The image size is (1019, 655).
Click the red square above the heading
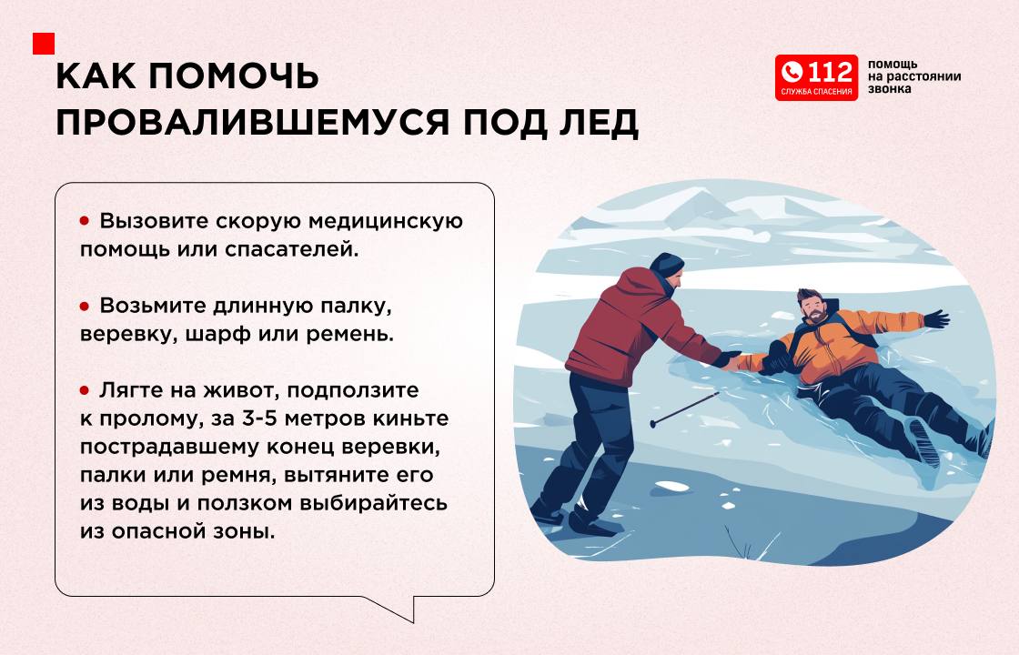point(44,44)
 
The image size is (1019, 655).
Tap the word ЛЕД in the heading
point(599,123)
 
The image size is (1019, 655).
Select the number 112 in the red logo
point(829,72)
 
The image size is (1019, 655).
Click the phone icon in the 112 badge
point(792,72)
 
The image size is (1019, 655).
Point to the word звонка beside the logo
point(889,89)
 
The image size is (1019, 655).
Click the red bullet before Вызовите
point(85,221)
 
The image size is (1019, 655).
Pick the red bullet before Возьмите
point(85,306)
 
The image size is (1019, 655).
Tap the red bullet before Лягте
point(85,390)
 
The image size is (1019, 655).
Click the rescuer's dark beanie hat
point(667,264)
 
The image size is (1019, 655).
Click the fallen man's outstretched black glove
point(936,318)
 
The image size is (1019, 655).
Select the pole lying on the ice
point(684,409)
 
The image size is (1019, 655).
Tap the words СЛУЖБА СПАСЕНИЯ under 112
point(816,92)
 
